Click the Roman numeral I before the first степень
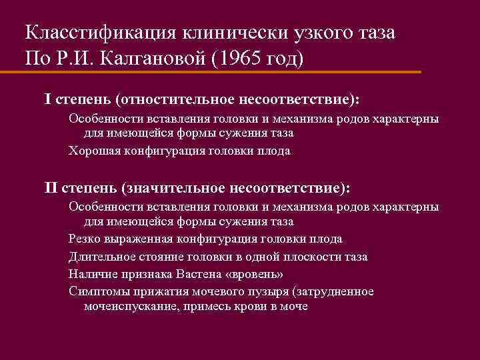tap(47, 99)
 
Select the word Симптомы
tap(96, 291)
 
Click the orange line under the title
tap(220, 72)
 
